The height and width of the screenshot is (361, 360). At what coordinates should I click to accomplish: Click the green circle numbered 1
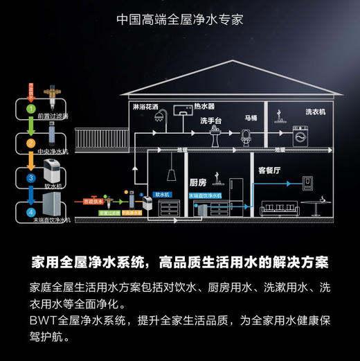click(30, 109)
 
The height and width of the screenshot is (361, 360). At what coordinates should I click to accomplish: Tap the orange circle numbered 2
click(30, 143)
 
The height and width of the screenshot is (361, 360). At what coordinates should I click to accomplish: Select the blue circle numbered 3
click(30, 177)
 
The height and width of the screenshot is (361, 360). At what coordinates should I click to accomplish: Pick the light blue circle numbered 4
click(30, 211)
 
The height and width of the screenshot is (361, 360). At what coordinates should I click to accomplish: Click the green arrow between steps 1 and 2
click(30, 126)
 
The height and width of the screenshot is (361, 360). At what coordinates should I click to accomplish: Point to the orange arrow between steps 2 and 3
click(30, 160)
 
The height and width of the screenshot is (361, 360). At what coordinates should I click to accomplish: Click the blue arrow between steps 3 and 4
click(30, 195)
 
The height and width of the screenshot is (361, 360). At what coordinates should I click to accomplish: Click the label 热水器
click(204, 107)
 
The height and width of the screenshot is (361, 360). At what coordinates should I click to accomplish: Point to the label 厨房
click(198, 182)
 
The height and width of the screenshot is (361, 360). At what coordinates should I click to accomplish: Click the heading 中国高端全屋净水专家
click(180, 18)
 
